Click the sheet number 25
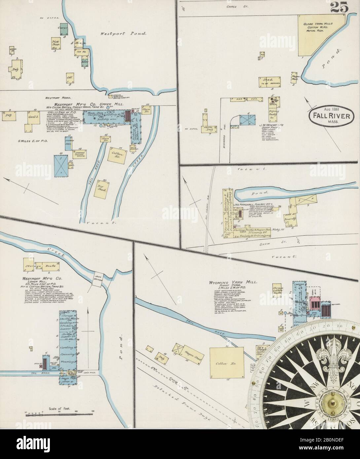[342, 9]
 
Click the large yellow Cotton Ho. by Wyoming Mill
[227, 363]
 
